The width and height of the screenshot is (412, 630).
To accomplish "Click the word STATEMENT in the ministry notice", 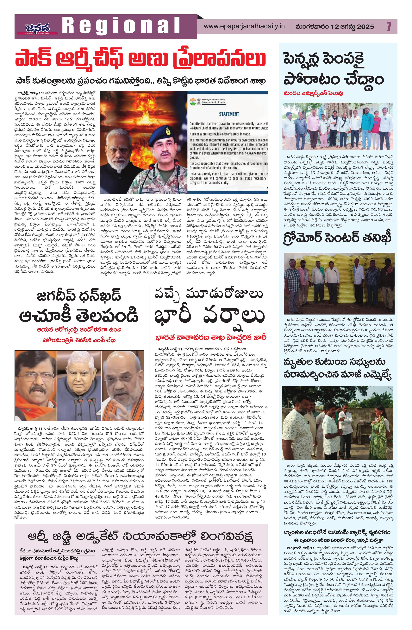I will pyautogui.click(x=229, y=114).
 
